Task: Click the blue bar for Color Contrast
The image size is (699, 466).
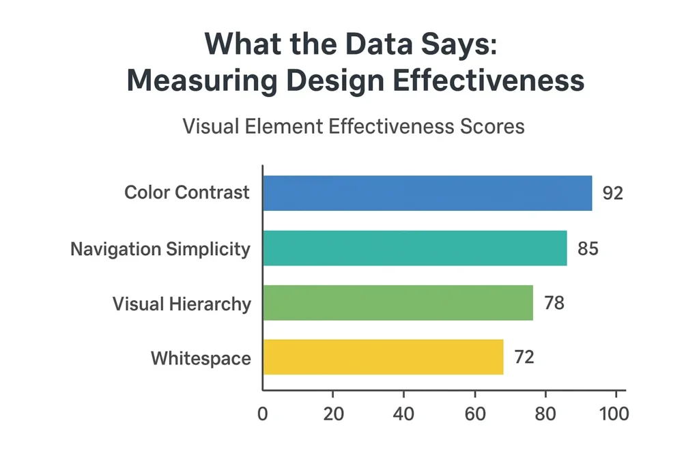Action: (427, 193)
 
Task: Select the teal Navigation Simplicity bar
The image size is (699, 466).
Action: (414, 248)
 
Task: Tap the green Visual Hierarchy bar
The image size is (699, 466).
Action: (398, 302)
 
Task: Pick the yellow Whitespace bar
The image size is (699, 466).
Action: (383, 357)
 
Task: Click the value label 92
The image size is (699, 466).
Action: (613, 193)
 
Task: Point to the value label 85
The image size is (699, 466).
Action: (588, 248)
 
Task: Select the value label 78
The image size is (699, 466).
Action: (554, 302)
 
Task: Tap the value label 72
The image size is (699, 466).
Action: (524, 357)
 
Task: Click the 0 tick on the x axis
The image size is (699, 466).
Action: (263, 414)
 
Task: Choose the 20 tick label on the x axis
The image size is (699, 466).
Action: (333, 414)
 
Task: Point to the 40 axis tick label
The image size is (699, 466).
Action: (404, 414)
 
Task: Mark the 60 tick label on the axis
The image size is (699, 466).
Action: (474, 414)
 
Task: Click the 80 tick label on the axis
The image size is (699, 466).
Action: (545, 414)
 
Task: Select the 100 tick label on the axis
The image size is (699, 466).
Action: (614, 414)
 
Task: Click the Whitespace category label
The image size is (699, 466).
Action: (201, 358)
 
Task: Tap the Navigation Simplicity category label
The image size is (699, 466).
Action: (160, 249)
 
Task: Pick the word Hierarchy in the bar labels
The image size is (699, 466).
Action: (211, 304)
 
